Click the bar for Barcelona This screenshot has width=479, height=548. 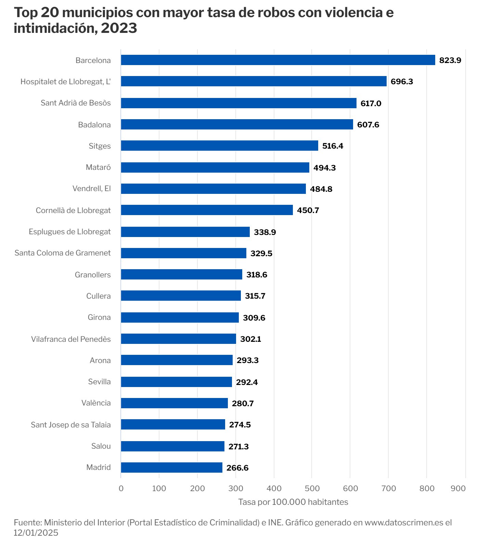point(278,60)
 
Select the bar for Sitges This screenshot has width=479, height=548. point(219,146)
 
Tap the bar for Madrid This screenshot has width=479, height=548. point(171,468)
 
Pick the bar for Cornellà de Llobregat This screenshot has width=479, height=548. point(207,210)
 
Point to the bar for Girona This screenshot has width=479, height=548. point(180,317)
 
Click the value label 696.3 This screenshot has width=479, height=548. point(402,82)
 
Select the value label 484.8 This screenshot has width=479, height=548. point(321,189)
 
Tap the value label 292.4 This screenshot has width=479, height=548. point(247,382)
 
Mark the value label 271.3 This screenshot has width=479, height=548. point(238,447)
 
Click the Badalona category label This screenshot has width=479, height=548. point(94,125)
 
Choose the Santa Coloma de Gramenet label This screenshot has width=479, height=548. point(63,253)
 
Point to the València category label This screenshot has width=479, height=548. point(96,403)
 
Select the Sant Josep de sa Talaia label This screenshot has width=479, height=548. point(71,425)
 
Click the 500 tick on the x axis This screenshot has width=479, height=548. point(312,488)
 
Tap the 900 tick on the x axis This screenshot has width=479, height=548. point(458,488)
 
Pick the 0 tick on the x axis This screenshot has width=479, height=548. point(121,488)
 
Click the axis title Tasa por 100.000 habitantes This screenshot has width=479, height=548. point(293,502)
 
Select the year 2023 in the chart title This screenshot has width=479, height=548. point(119,28)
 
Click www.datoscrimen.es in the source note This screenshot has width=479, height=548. point(404,523)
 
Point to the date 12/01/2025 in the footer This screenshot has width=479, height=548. point(36,533)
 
